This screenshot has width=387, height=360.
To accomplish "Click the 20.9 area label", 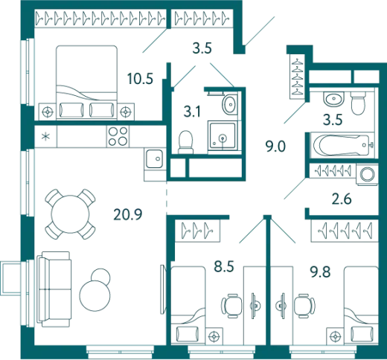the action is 128,214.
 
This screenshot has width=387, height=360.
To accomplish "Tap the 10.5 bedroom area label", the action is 140,79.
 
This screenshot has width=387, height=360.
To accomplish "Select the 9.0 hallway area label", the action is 275,147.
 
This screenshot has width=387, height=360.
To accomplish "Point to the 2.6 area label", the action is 342,199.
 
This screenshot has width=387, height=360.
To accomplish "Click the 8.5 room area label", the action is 224,266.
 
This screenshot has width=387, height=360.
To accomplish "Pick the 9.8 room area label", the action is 320,272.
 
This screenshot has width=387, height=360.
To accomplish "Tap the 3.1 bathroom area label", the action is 192,112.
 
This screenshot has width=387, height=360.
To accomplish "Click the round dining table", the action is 70,214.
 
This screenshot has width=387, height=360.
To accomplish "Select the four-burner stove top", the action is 118,136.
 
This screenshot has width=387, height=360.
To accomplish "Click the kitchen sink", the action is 154,159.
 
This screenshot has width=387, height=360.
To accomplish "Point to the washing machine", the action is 368,174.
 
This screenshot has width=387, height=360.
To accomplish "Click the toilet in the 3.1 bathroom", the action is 185,142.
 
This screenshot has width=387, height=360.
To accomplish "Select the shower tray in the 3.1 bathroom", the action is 223,135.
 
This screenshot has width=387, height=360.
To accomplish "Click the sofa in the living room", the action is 54,289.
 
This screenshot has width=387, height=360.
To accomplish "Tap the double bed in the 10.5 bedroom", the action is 86,82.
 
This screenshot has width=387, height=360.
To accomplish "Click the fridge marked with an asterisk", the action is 45,136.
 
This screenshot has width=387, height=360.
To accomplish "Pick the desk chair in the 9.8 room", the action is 304,306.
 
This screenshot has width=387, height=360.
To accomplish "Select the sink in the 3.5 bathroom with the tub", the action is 334,99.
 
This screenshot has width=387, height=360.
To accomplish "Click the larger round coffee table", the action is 95,295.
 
